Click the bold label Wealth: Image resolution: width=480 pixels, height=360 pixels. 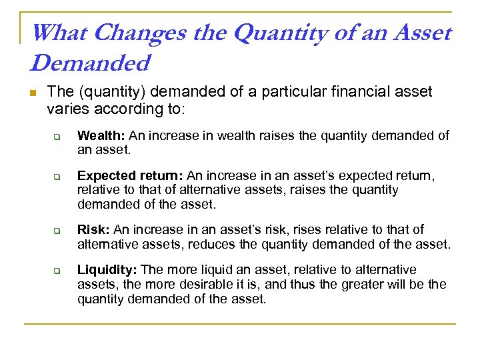(x=101, y=136)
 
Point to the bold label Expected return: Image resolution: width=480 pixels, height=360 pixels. (x=131, y=176)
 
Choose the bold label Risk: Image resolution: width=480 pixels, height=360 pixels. (x=94, y=230)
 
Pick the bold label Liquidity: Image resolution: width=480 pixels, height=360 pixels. (x=107, y=270)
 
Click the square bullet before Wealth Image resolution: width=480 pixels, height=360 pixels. (x=58, y=137)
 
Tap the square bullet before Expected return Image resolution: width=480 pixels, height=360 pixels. (x=58, y=177)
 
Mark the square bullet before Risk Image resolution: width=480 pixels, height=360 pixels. (x=58, y=231)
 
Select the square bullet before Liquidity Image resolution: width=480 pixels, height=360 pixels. (x=58, y=271)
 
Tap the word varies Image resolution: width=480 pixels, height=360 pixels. (x=65, y=107)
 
